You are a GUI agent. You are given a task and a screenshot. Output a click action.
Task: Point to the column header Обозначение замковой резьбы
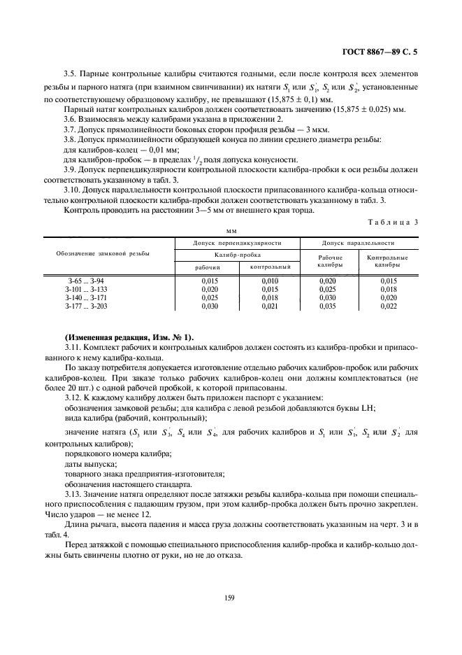(103, 253)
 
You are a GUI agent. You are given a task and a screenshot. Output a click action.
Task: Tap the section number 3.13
(73, 495)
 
